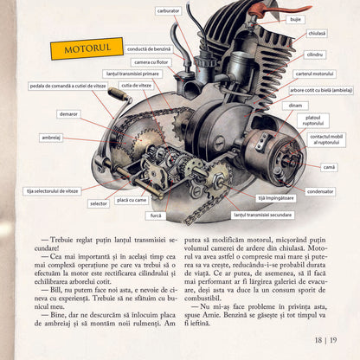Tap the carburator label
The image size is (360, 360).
coord(168,10)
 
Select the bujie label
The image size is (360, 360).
coord(296,18)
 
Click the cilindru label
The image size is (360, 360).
coord(314,55)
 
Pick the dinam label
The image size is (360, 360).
coord(296,105)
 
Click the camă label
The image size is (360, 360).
coord(329,166)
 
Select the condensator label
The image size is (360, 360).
coord(320,191)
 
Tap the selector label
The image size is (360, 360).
coord(99,204)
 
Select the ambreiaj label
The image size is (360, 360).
coord(51,137)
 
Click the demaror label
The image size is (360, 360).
coord(68,113)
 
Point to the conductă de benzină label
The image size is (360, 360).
coord(149,49)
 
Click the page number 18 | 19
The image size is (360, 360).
coord(328,340)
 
